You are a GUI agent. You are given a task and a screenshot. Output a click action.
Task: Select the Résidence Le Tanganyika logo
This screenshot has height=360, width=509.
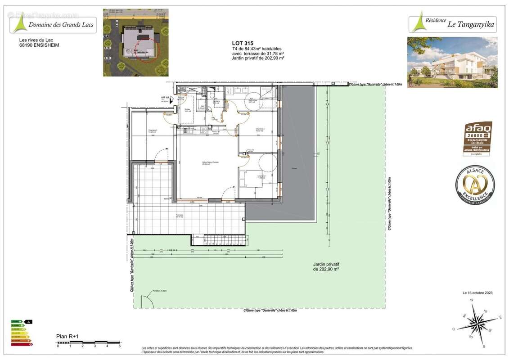453,24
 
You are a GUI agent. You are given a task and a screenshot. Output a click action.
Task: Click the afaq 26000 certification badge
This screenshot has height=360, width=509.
477,138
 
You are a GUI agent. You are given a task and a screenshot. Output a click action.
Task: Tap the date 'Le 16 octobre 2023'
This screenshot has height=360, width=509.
477,293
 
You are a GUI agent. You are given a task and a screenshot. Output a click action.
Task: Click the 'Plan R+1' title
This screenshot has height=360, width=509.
68,336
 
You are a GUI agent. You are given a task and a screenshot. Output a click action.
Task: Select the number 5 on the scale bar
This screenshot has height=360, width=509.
119,346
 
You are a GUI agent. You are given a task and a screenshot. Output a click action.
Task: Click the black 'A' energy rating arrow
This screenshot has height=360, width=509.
29,322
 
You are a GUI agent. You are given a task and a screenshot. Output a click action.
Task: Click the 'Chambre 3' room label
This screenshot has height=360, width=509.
153,131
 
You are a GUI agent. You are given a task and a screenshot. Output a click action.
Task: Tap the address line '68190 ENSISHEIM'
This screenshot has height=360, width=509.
39,45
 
